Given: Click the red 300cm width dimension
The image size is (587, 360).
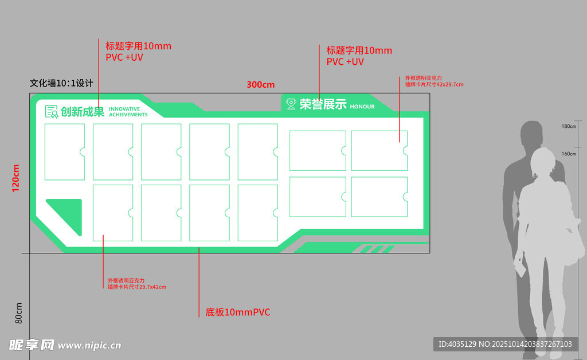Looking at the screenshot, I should tap(260, 85).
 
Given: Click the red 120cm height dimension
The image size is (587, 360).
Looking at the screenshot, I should tap(15, 177).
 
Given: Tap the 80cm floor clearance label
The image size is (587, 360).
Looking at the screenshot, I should tap(18, 313).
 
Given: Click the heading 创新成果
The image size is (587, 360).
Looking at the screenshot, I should tap(83, 112).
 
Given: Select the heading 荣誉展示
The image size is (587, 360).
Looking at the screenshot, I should tap(323, 104).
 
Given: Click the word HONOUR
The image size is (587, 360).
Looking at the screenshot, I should tap(362, 107).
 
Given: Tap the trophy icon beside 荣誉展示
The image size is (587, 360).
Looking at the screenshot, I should tap(291, 104).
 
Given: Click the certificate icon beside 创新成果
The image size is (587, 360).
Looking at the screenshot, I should tap(52, 112).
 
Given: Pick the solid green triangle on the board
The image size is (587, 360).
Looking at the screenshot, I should tap(66, 214).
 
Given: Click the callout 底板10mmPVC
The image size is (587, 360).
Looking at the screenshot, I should tap(237, 312).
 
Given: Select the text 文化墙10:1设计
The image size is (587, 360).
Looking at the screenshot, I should tap(61, 83).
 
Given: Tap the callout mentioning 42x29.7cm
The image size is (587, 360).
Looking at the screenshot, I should tap(433, 81).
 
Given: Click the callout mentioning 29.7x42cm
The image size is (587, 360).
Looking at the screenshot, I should tap(136, 283).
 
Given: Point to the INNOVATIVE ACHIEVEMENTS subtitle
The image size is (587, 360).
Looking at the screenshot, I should tap(128, 112).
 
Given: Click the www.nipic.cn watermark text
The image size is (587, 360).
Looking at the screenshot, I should tap(89, 346).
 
